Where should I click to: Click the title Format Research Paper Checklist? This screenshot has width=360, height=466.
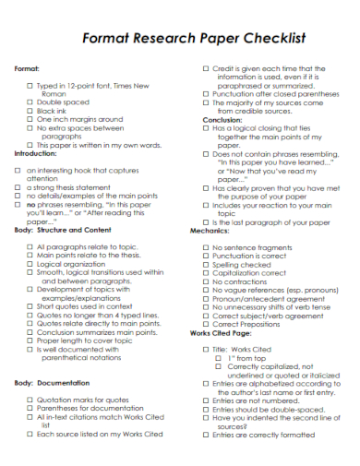pyautogui.click(x=181, y=39)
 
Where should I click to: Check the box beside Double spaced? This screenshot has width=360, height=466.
pyautogui.click(x=30, y=102)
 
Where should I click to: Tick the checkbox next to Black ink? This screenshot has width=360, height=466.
pyautogui.click(x=30, y=111)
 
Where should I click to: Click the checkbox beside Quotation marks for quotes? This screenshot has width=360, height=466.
pyautogui.click(x=30, y=400)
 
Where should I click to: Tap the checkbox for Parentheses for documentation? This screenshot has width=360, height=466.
pyautogui.click(x=30, y=409)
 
